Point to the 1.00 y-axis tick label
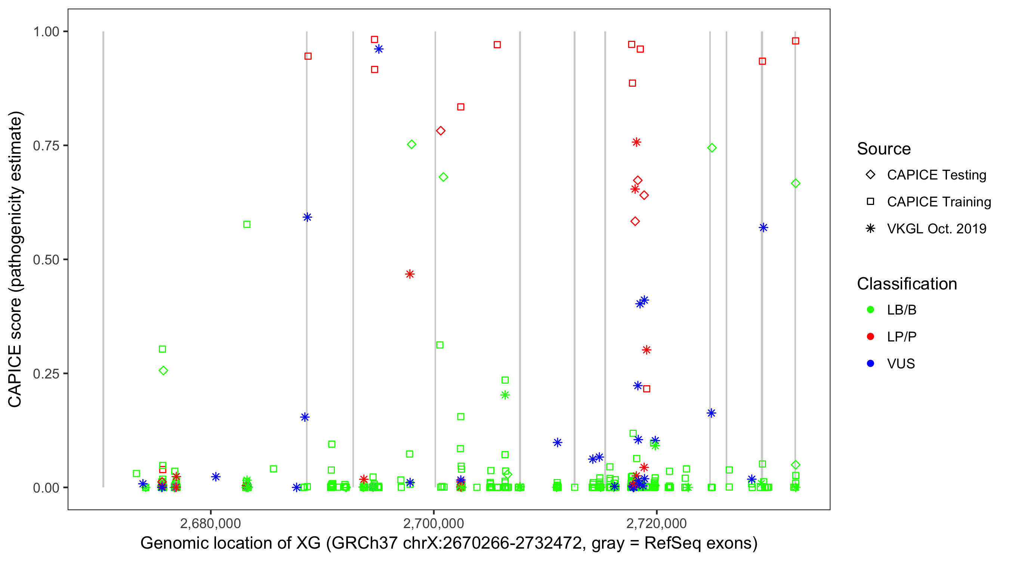coord(46,31)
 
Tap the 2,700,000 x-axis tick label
coord(433,523)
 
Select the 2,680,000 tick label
coord(210,523)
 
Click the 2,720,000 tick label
coord(657,523)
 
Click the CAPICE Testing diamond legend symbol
coord(870,175)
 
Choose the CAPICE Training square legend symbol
coord(870,202)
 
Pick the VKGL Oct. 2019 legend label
coord(937,229)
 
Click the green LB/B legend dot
coord(870,310)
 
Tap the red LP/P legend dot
coord(870,337)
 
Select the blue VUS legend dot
coord(870,364)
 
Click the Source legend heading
coord(884,149)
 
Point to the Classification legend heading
coord(907,284)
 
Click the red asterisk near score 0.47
coord(410,274)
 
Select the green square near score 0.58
coord(247,224)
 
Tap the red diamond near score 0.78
coord(441,131)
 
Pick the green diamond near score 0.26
coord(163,371)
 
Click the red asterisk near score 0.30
coord(646,350)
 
